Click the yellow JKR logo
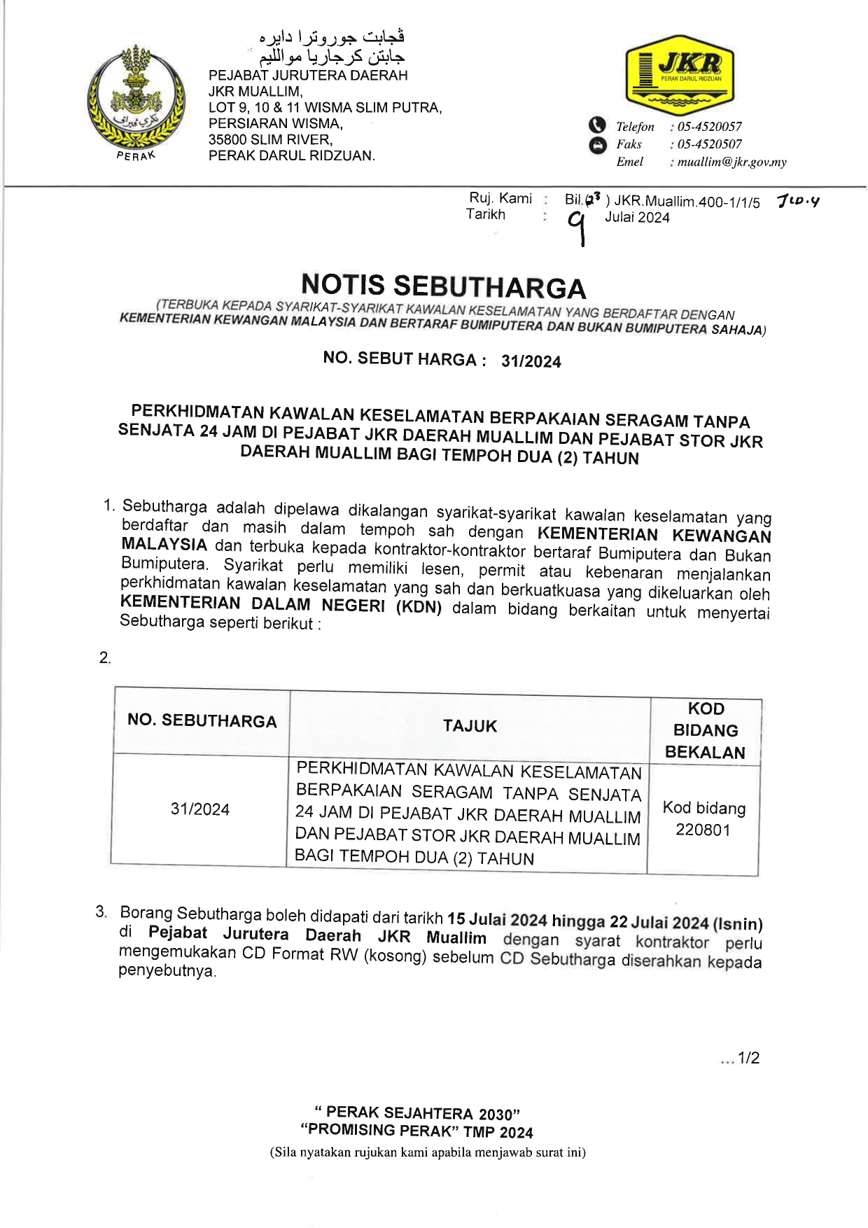coord(679,76)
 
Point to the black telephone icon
coord(597,126)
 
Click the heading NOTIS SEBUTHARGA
coord(443,286)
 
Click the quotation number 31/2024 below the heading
coord(531,361)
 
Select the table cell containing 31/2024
coord(200,809)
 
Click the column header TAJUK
coord(470,726)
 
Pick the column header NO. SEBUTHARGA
coord(202,720)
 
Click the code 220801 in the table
coord(703,830)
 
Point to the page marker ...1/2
coord(740,1058)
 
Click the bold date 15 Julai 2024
coord(497,919)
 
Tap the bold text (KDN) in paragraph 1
coord(419,607)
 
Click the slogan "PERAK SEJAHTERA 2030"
coord(417,1113)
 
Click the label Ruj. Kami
coord(500,198)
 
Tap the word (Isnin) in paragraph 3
coord(738,924)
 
